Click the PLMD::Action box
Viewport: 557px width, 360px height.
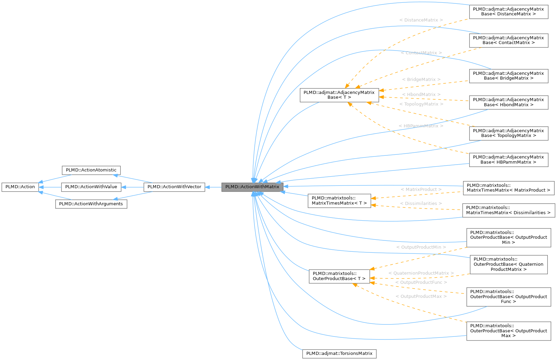pyautogui.click(x=20, y=187)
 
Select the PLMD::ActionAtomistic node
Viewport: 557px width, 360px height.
pyautogui.click(x=91, y=170)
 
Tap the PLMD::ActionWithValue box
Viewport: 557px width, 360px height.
pyautogui.click(x=91, y=187)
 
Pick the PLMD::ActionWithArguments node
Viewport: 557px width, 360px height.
pyautogui.click(x=91, y=204)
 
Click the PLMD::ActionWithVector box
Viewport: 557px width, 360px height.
pyautogui.click(x=174, y=187)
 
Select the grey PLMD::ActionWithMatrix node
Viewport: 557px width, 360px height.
pyautogui.click(x=252, y=187)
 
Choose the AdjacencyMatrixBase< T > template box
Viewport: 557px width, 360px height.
pyautogui.click(x=339, y=95)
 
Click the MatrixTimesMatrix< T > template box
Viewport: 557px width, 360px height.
pyautogui.click(x=339, y=200)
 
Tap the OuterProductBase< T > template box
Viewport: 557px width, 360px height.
pyautogui.click(x=339, y=276)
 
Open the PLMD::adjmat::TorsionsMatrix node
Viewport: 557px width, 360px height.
pyautogui.click(x=339, y=354)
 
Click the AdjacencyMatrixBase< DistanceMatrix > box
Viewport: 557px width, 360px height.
pyautogui.click(x=509, y=12)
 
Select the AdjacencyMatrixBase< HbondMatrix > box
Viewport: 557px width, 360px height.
pyautogui.click(x=509, y=102)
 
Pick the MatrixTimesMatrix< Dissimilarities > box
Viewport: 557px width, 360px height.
pyautogui.click(x=508, y=210)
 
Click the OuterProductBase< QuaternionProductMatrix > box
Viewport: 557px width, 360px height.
pyautogui.click(x=509, y=264)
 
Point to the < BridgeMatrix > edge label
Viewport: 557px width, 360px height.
pyautogui.click(x=421, y=80)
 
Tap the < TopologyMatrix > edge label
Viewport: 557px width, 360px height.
pyautogui.click(x=421, y=104)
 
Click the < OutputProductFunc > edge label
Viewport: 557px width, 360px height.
pyautogui.click(x=421, y=282)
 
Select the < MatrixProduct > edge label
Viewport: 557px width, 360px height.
pyautogui.click(x=421, y=190)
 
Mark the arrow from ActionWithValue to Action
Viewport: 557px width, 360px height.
pyautogui.click(x=50, y=187)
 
